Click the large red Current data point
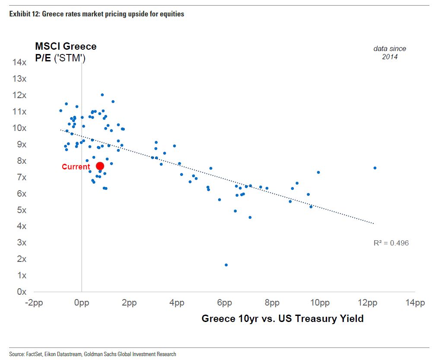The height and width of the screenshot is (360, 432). (100, 166)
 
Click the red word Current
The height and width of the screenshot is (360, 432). (76, 167)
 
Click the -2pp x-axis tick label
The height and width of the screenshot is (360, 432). (34, 303)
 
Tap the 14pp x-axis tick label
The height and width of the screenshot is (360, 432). (415, 303)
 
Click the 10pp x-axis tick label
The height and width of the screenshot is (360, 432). (320, 303)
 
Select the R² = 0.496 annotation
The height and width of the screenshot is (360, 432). (391, 243)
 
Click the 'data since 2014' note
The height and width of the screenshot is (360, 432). (390, 53)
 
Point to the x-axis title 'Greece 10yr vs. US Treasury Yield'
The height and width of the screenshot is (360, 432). (283, 319)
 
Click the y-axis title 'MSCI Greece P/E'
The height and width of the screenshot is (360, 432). (66, 52)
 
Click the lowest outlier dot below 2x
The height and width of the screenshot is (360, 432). (226, 265)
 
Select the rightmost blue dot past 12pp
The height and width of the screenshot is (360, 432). (375, 168)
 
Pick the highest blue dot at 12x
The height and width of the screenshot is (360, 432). (102, 95)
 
